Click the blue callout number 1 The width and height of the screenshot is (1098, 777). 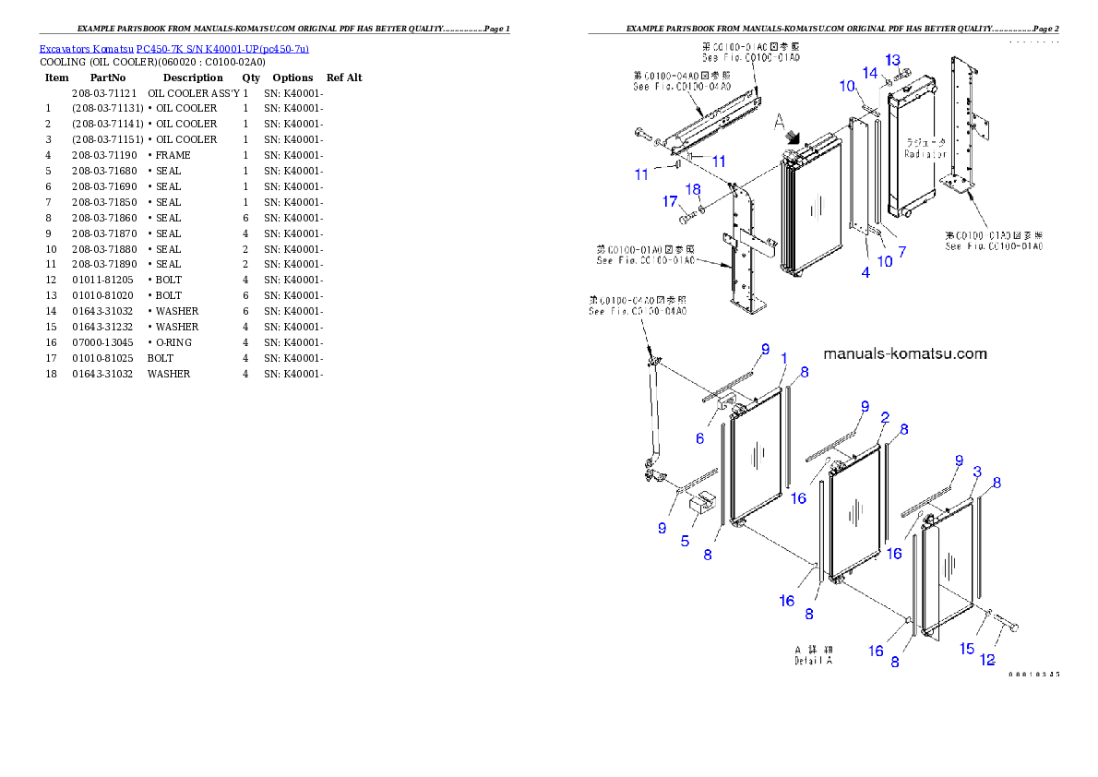pos(784,358)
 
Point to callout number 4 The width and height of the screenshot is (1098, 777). pos(865,272)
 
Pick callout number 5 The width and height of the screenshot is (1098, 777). pos(685,541)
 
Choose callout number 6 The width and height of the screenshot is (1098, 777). pos(699,438)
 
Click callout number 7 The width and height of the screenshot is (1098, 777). pos(902,251)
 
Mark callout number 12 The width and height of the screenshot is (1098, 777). pos(987,660)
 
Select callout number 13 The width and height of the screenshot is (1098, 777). pos(892,60)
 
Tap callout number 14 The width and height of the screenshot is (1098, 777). pos(870,72)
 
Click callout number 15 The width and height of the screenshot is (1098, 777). pos(967,649)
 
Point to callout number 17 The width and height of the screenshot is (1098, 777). pos(670,201)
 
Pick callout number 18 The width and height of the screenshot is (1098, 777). pos(693,189)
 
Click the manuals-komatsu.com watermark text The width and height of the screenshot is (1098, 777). pos(904,354)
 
